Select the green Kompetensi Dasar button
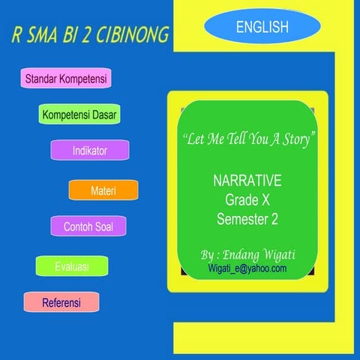click(x=79, y=115)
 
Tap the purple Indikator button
click(x=90, y=151)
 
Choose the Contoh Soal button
click(x=88, y=226)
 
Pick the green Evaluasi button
click(x=72, y=266)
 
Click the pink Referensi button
click(x=61, y=303)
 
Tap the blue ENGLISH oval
click(x=262, y=28)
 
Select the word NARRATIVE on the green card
click(x=247, y=182)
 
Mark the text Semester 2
click(x=247, y=219)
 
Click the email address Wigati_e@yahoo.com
click(x=247, y=267)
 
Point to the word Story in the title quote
click(x=297, y=140)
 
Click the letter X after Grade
click(x=263, y=200)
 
